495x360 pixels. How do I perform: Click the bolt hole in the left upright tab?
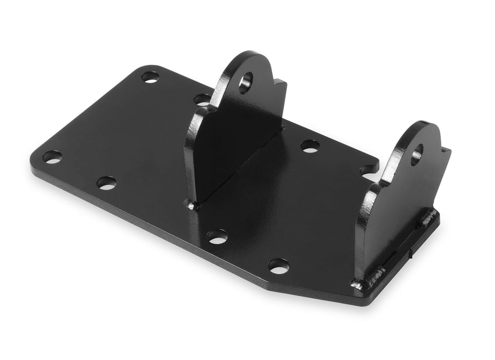click(x=245, y=82)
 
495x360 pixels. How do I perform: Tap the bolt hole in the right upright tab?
click(x=417, y=154)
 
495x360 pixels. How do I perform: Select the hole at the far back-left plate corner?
click(x=150, y=77)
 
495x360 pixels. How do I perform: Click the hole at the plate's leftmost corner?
click(x=52, y=157)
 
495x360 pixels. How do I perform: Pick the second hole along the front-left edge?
click(x=106, y=183)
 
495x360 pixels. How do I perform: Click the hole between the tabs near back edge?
click(x=309, y=146)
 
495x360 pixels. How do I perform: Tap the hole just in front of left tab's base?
click(x=217, y=236)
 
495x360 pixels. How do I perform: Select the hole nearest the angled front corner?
click(x=279, y=265)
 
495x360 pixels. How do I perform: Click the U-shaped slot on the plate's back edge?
click(x=369, y=170)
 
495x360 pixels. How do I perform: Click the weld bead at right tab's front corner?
click(x=357, y=283)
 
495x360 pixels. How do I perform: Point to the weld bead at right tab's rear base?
click(x=429, y=218)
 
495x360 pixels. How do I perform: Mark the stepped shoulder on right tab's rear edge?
click(x=446, y=151)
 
